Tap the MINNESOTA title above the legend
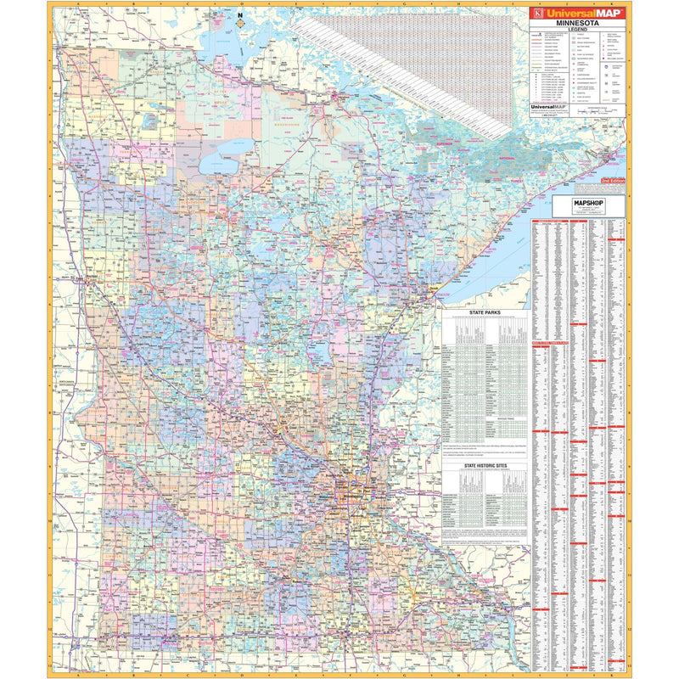(x=577, y=23)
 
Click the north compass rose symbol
(x=241, y=23)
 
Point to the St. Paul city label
(x=368, y=490)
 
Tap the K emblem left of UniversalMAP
(x=536, y=13)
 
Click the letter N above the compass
(x=241, y=14)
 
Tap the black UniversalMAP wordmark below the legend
(x=547, y=107)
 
